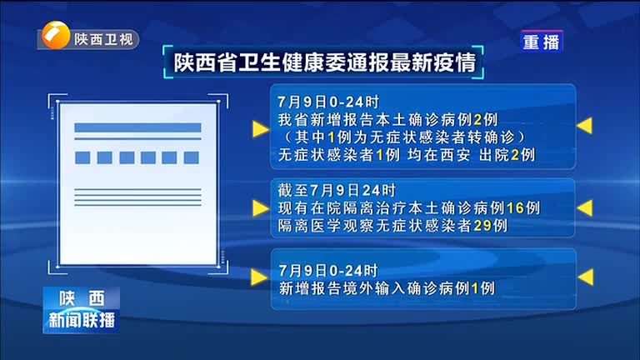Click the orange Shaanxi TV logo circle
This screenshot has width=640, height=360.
(x=56, y=36)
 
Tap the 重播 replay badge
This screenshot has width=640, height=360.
(x=541, y=42)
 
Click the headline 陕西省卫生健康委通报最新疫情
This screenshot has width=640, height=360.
(x=325, y=62)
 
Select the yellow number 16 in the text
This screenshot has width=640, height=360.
(x=515, y=208)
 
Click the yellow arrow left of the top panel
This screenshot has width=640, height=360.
(x=261, y=129)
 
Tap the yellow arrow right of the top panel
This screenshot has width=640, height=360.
(x=584, y=126)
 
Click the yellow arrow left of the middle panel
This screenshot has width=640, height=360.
(x=261, y=208)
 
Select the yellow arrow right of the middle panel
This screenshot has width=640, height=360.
(x=585, y=207)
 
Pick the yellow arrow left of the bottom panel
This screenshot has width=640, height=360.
(x=259, y=277)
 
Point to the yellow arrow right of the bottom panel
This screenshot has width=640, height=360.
(x=586, y=277)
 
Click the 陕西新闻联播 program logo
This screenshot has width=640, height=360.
(x=81, y=310)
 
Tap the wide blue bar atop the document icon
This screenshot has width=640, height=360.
(x=137, y=127)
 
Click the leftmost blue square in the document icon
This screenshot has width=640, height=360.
(x=82, y=157)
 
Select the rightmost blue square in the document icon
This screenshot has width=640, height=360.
(x=191, y=157)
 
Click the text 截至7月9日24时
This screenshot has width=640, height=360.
(x=337, y=191)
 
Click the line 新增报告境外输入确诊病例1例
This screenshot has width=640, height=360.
(x=387, y=288)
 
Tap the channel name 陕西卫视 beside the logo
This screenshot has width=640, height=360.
(x=103, y=40)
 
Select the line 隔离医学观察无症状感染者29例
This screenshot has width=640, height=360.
(x=392, y=226)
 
